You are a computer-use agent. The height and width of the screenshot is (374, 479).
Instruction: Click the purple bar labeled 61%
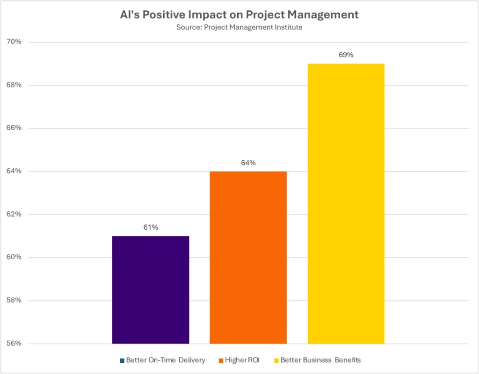[151, 290]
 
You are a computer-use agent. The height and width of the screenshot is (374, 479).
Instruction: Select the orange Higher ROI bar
[248, 257]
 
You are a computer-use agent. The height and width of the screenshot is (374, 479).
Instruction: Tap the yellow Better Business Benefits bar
[346, 203]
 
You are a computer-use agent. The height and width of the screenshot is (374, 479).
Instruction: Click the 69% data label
[346, 55]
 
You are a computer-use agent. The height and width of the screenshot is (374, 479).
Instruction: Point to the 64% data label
[248, 163]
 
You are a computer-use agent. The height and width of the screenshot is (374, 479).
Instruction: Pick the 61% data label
[151, 227]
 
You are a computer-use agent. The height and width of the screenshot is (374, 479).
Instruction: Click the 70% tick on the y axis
[14, 42]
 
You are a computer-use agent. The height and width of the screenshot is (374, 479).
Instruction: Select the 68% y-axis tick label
[14, 85]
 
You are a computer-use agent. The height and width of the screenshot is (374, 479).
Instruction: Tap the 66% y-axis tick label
[14, 128]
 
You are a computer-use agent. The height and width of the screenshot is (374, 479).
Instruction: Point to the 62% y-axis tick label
[14, 214]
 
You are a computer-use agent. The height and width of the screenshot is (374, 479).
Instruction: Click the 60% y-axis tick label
[14, 257]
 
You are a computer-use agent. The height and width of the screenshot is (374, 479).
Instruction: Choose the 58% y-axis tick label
[14, 300]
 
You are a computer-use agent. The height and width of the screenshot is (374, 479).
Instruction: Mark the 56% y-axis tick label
[14, 344]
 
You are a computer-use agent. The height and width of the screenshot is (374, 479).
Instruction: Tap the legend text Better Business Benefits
[320, 360]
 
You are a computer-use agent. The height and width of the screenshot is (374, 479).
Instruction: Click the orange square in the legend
[220, 360]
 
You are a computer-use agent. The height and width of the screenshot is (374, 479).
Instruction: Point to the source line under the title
[239, 27]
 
